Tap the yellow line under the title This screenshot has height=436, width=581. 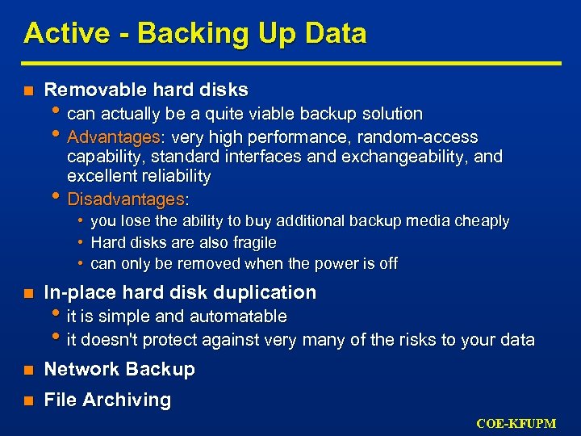pyautogui.click(x=290, y=63)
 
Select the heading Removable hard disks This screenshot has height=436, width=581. pyautogui.click(x=146, y=90)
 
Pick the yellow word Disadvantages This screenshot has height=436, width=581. pyautogui.click(x=126, y=199)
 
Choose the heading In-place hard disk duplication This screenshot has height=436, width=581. pyautogui.click(x=180, y=292)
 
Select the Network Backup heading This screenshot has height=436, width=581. pyautogui.click(x=119, y=369)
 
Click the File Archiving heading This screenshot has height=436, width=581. pyautogui.click(x=107, y=400)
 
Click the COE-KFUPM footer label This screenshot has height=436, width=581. pyautogui.click(x=516, y=423)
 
